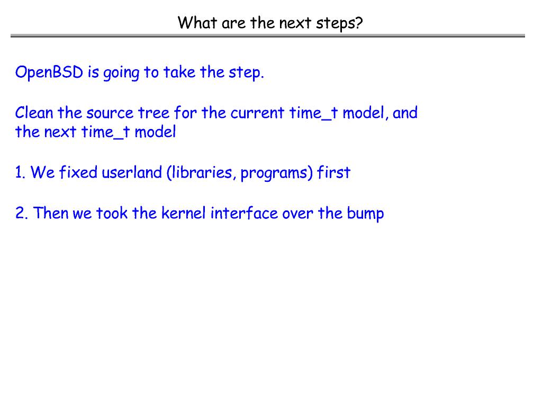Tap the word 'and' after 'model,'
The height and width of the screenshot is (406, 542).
405,113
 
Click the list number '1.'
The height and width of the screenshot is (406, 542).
21,172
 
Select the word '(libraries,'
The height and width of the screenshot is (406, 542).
201,173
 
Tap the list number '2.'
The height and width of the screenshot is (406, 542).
22,213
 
